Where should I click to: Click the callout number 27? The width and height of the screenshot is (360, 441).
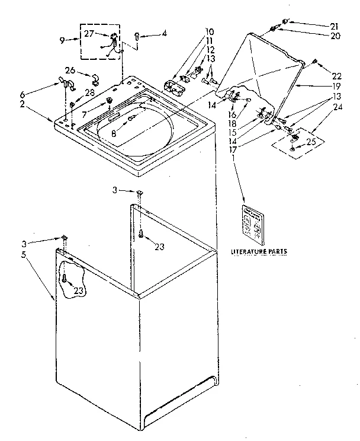[x=89, y=33]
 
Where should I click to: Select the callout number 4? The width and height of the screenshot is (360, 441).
[x=164, y=34]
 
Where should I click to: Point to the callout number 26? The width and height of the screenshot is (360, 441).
[x=70, y=71]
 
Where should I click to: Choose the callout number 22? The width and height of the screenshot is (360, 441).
[x=337, y=76]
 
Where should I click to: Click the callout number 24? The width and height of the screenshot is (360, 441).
[x=337, y=107]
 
